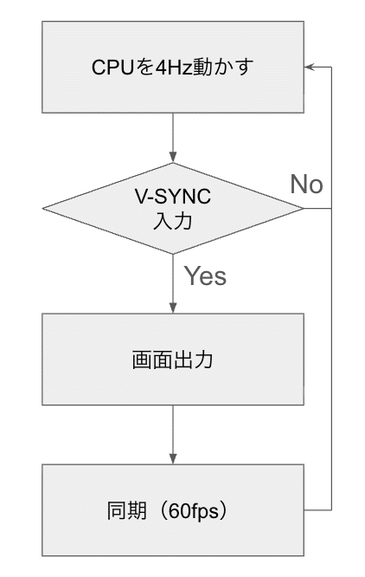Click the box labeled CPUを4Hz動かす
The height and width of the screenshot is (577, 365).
pos(173,68)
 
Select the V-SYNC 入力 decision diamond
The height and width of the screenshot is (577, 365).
pos(173,209)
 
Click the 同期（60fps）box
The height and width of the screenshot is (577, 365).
pos(173,509)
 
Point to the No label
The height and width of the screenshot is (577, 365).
pos(306,184)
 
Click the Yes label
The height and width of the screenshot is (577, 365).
pos(206,276)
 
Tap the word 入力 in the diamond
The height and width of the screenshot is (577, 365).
pos(173,220)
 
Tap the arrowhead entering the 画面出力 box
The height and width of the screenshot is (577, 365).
pos(173,308)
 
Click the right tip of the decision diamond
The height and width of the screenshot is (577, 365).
pos(302,209)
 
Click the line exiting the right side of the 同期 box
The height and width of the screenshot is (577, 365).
pos(318,509)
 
